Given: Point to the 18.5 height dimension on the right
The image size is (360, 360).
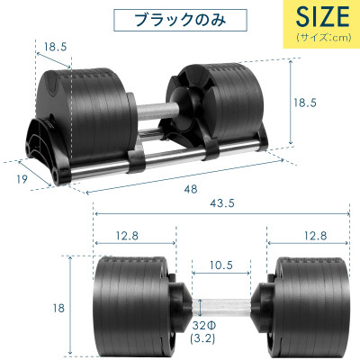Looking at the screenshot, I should [x=307, y=103].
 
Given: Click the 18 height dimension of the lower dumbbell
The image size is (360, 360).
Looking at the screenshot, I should [x=58, y=309].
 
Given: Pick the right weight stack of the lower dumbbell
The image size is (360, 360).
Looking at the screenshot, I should [x=310, y=307].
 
